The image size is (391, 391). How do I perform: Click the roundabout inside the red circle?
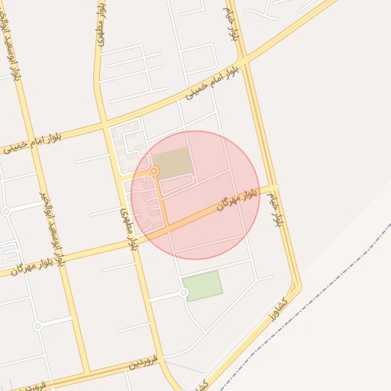pyautogui.click(x=154, y=171)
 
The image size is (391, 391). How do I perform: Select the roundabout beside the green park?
pyautogui.click(x=184, y=292)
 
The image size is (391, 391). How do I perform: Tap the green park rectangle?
pyautogui.click(x=203, y=286)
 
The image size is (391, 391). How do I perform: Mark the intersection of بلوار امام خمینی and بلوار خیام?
pyautogui.click(x=242, y=60)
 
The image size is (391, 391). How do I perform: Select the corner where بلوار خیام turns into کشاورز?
pyautogui.click(x=297, y=289)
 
